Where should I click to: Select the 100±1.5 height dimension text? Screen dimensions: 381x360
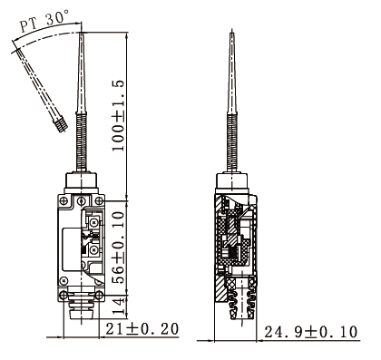[118, 116]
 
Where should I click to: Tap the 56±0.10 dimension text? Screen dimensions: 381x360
[118, 248]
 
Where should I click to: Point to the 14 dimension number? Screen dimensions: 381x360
[119, 306]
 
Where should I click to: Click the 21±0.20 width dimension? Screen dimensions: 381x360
[142, 329]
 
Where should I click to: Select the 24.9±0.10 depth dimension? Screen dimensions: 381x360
[311, 332]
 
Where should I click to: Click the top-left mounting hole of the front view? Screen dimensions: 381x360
[63, 200]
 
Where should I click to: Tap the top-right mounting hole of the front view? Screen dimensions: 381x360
[99, 200]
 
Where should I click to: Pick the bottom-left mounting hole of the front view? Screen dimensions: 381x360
[63, 296]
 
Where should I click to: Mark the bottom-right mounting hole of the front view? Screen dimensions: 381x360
[99, 296]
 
